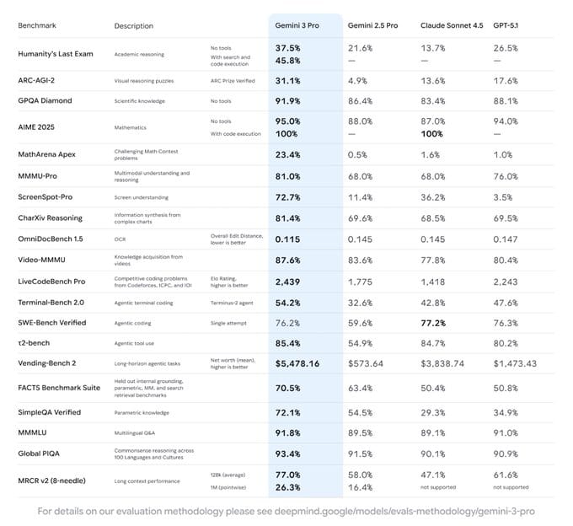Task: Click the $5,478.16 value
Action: click(297, 363)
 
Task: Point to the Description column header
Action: click(134, 26)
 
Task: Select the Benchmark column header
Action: click(38, 26)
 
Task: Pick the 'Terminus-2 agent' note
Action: click(233, 302)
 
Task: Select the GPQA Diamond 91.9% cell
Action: click(288, 100)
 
